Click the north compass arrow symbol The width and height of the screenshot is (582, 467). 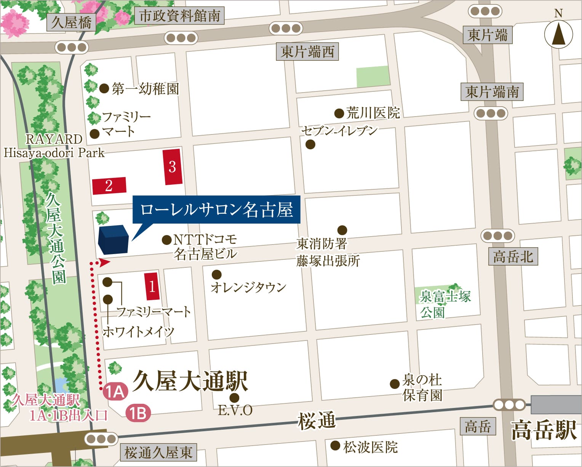coord(558,34)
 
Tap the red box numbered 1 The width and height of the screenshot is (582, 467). coord(152,286)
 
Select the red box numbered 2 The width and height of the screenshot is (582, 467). coord(109,186)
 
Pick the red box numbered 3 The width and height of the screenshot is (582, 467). coord(172,167)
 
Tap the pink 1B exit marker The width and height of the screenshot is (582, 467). coord(138,413)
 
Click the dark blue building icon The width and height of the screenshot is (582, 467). coord(113,240)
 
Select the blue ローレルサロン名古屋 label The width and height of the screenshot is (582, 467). coord(216,210)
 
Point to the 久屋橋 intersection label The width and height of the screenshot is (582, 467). coord(72,22)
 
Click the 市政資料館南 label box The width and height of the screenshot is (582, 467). coord(179,16)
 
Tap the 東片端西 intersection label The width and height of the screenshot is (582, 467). coord(307,52)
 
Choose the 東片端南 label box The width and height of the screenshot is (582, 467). coord(492,92)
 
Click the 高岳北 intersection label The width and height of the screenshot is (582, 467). coord(513,256)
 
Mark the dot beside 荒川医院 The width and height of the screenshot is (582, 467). coord(339,113)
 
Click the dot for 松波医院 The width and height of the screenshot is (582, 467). coord(335,445)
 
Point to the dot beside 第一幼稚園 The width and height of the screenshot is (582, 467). coord(104,89)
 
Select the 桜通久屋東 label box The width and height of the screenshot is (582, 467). coord(158,453)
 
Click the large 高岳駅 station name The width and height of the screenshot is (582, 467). coord(544,430)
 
